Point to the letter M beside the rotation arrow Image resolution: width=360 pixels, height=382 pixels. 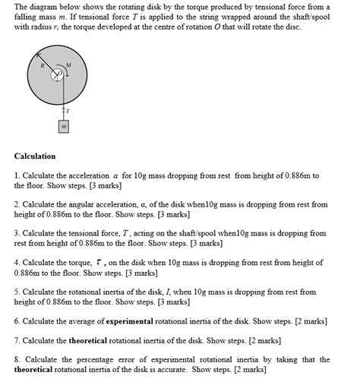68,65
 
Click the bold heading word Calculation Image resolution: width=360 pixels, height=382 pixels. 35,156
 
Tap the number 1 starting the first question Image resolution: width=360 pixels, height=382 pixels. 16,175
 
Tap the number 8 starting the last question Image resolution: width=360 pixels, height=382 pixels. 16,359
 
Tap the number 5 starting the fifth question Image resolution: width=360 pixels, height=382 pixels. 16,292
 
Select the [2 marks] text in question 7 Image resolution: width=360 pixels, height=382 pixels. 261,340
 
